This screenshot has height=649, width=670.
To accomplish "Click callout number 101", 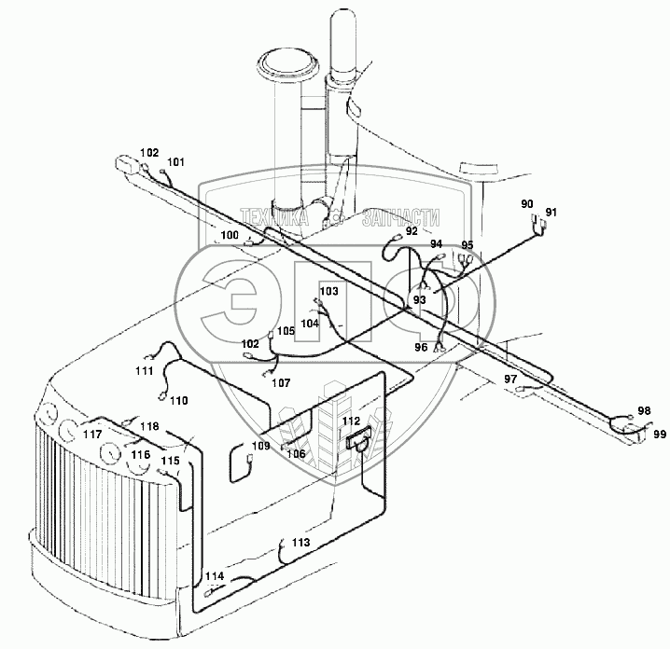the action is click(176, 161).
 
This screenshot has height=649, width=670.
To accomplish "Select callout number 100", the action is click(230, 235).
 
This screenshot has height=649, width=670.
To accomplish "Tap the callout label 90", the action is click(526, 203).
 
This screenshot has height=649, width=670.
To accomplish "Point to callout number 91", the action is click(551, 213).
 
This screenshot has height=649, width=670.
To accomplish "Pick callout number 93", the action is click(419, 299).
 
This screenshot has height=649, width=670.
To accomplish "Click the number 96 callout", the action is click(421, 347).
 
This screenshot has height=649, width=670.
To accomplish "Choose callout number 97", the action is click(509, 379).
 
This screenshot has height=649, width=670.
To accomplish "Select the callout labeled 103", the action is click(328, 292).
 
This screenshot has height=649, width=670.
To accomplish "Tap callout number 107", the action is click(280, 382).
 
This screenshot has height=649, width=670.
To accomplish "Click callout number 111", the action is click(143, 371).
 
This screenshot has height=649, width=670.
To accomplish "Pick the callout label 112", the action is click(350, 422).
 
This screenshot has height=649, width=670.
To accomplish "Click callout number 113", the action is click(300, 542).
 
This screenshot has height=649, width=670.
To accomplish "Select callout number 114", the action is click(215, 575).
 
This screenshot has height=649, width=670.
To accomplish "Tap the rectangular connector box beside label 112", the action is click(356, 438).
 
